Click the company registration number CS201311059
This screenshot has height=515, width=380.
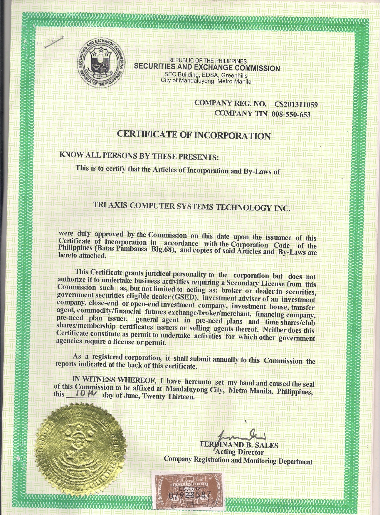coord(296,104)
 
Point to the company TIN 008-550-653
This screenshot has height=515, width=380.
coord(291,115)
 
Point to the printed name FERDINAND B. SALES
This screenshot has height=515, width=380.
coord(239,445)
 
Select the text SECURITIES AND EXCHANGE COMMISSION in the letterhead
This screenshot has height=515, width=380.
coord(207,68)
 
